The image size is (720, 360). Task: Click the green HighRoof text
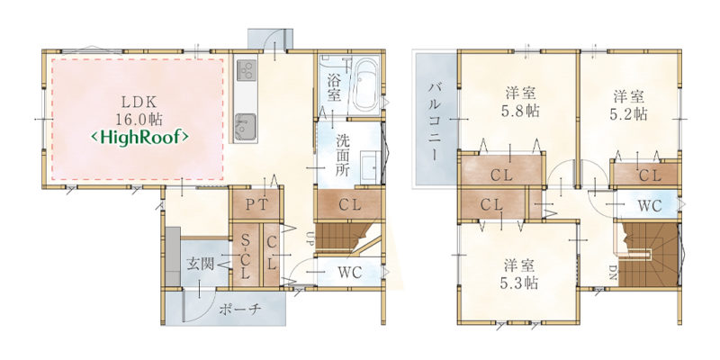click(x=139, y=137)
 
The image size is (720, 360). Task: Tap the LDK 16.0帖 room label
click(x=139, y=110)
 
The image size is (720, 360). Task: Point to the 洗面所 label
click(x=343, y=156)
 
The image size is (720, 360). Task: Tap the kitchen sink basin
click(x=246, y=126)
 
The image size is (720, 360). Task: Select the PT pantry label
click(x=256, y=205)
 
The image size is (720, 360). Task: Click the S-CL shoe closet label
click(x=246, y=257)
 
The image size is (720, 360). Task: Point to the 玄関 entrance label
click(x=201, y=264)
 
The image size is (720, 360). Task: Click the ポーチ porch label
click(x=240, y=309)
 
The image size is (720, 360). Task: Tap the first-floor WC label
click(x=350, y=273)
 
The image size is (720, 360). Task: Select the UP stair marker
click(x=310, y=238)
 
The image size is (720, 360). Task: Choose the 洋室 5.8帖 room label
click(x=520, y=103)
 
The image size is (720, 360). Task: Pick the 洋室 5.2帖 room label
click(x=629, y=105)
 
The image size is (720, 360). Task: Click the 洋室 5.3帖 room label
click(x=519, y=274)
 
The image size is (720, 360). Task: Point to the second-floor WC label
click(x=650, y=206)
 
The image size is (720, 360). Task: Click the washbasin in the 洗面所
click(x=369, y=167)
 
